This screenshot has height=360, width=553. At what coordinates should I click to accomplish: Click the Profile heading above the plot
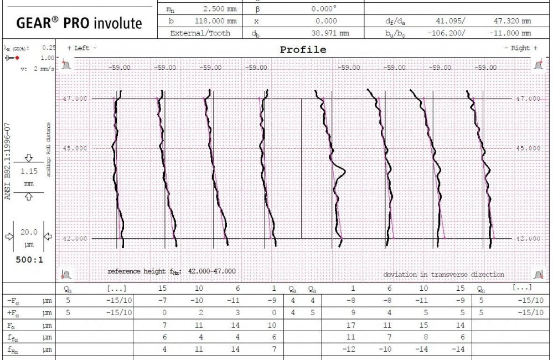click(x=303, y=49)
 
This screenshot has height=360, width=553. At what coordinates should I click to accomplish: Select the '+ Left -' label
click(x=81, y=48)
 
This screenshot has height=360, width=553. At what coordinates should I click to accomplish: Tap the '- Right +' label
click(x=520, y=48)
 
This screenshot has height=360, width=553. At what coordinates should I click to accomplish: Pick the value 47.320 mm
click(x=511, y=21)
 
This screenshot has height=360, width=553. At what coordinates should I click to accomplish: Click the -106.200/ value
click(x=447, y=33)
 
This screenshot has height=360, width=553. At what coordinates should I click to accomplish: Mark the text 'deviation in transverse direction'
click(x=443, y=274)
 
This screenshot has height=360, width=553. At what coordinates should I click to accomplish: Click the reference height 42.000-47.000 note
click(x=171, y=271)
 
